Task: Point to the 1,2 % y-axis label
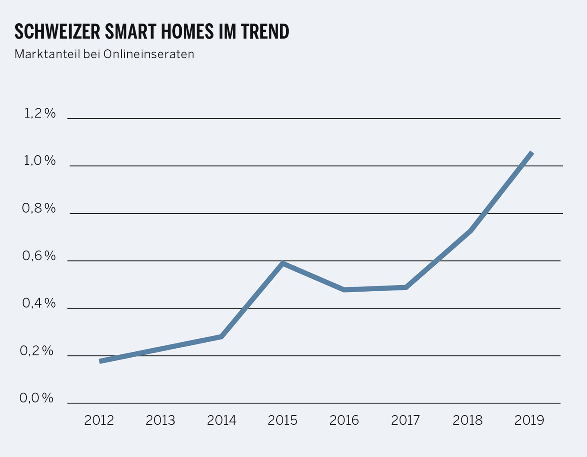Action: tap(40, 113)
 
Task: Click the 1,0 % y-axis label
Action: tap(40, 161)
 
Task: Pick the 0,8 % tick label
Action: tap(39, 208)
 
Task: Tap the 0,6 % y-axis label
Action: tap(39, 256)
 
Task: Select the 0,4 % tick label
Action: tap(39, 303)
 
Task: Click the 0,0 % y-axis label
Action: tap(37, 398)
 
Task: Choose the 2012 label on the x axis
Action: tap(99, 420)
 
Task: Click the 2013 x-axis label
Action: tap(161, 420)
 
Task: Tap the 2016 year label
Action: tap(344, 420)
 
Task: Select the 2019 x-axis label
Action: tap(529, 420)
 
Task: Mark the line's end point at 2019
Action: tap(532, 153)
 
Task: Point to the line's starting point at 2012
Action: tap(100, 361)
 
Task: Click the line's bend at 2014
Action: tap(221, 336)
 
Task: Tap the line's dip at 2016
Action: tap(344, 290)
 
